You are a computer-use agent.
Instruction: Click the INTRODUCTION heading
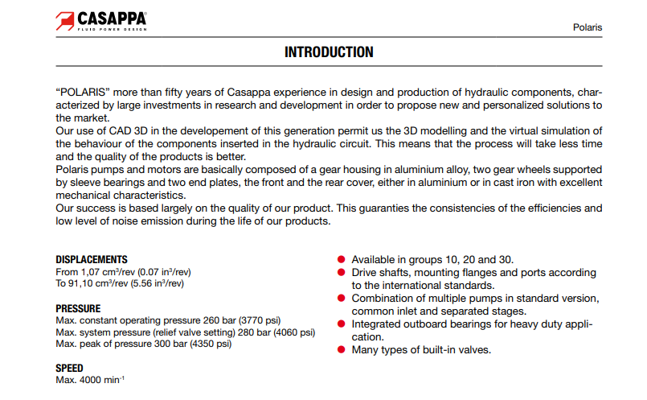click(329, 52)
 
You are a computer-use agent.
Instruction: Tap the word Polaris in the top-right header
click(587, 27)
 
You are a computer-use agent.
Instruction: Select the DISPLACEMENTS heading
click(92, 260)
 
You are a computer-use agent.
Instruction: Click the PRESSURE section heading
click(78, 308)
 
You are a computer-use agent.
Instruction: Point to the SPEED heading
click(69, 368)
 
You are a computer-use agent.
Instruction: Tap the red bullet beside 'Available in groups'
click(342, 260)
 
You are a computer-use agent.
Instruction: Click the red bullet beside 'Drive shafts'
click(342, 273)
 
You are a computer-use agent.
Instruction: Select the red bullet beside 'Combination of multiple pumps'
click(342, 299)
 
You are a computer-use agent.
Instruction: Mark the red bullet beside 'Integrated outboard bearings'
click(342, 324)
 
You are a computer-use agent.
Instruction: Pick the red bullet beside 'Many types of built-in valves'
click(342, 350)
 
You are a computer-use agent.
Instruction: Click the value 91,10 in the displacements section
click(84, 284)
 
